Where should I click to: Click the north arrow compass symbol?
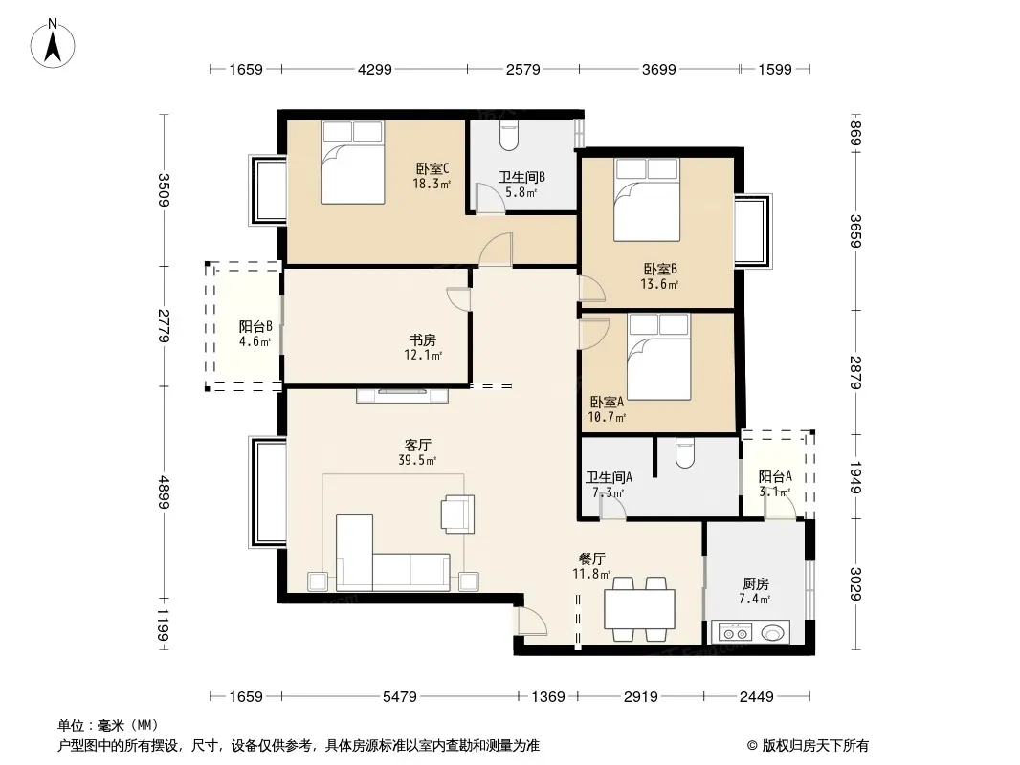point(53,44)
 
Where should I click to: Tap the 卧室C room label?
point(432,169)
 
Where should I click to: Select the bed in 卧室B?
point(647,200)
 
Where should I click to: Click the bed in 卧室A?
point(659,357)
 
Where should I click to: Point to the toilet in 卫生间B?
point(507,136)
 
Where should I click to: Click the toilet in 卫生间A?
point(686,453)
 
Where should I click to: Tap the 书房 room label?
point(422,339)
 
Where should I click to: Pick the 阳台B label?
point(255,326)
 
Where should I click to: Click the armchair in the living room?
point(457,514)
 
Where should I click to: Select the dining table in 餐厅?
point(639,609)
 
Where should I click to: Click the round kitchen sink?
point(771,632)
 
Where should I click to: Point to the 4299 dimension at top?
point(375,69)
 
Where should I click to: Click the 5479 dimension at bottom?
point(399,697)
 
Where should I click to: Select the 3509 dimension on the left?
point(164,189)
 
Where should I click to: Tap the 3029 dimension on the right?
point(855,584)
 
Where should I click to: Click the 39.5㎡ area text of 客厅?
point(417,460)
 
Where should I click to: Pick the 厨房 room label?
point(755,583)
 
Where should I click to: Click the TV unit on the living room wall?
point(402,395)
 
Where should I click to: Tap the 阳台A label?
point(775,476)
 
